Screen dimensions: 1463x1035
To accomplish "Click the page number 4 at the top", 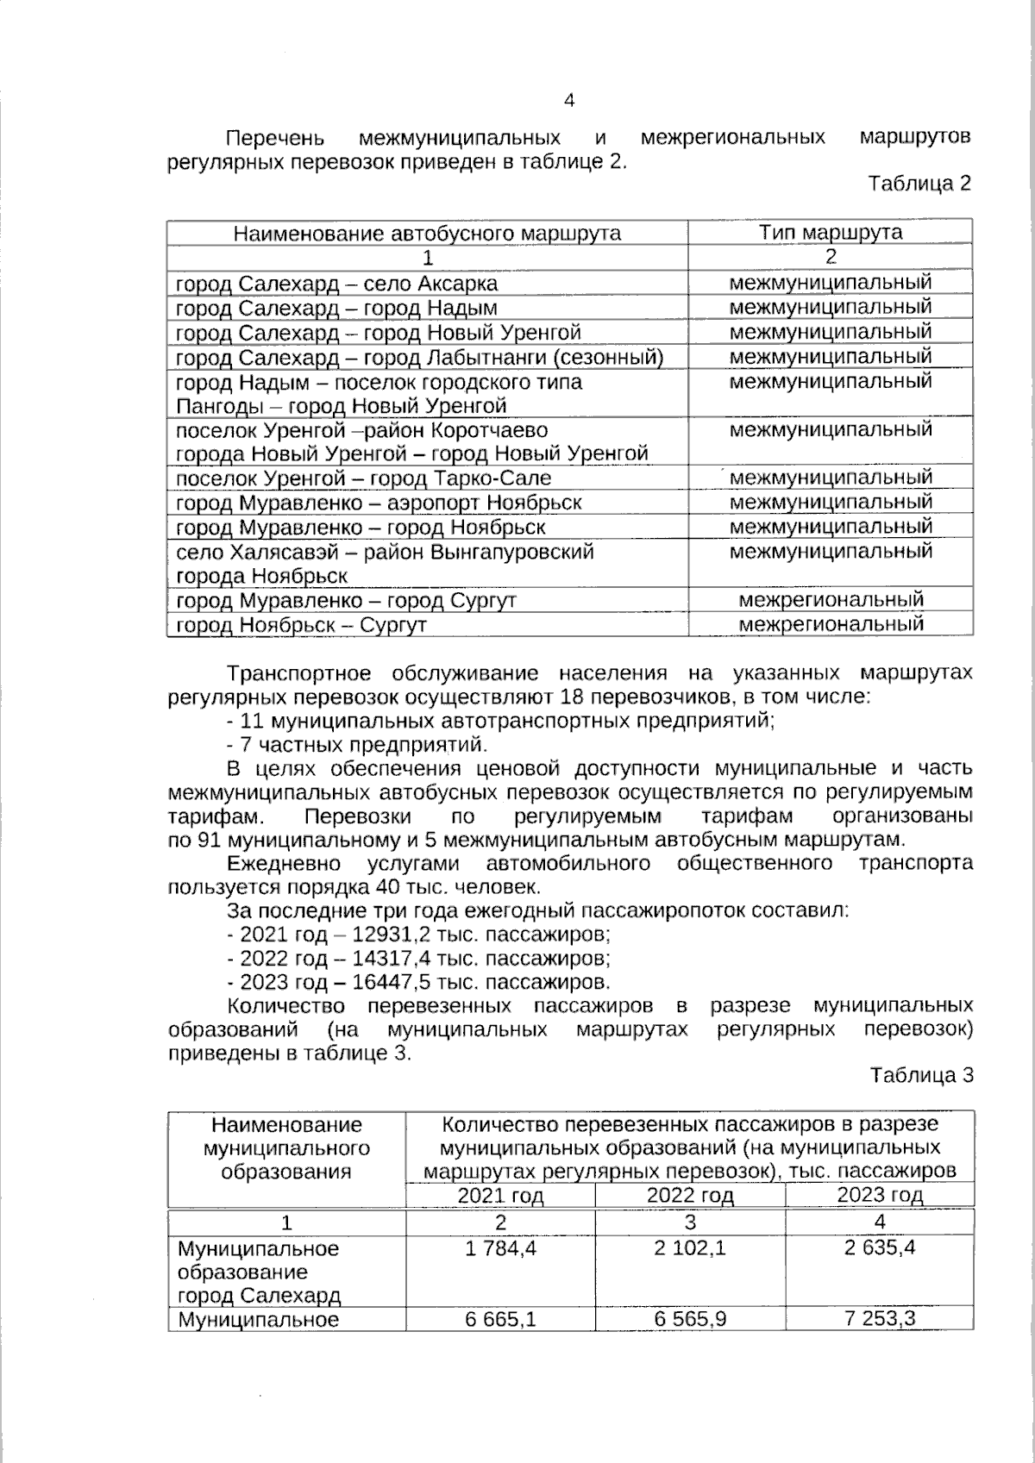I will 568,101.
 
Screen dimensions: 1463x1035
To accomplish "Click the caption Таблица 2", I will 919,184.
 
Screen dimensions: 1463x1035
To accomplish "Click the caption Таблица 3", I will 920,1075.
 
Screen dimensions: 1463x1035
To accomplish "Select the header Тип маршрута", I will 830,233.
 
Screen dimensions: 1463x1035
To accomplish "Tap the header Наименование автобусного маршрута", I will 427,234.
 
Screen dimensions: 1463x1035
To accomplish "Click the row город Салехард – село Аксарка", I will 336,284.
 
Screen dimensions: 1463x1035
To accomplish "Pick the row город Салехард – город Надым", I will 336,308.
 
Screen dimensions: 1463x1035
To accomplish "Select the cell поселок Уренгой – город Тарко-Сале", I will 363,478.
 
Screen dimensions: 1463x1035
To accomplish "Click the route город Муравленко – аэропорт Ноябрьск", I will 379,503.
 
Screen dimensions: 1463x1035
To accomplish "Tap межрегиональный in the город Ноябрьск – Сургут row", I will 831,623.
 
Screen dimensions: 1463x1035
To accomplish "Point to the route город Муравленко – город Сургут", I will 346,600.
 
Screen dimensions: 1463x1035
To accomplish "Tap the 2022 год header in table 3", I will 689,1195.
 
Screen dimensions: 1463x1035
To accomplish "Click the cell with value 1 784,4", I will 500,1247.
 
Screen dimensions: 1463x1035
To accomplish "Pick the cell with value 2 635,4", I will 879,1247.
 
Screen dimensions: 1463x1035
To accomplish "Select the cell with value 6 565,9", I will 689,1319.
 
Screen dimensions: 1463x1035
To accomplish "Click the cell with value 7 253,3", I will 879,1319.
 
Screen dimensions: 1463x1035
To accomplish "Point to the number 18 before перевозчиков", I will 571,697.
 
